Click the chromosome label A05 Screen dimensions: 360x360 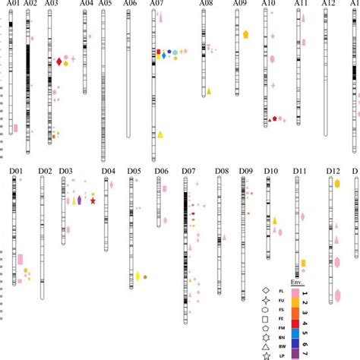coord(105,5)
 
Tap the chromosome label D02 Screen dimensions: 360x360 coord(44,172)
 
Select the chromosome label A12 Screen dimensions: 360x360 coord(328,5)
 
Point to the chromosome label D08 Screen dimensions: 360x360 coord(221,172)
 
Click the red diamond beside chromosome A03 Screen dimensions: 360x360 coord(59,62)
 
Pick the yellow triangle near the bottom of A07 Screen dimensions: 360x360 coord(161,134)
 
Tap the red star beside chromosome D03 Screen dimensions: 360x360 coord(93,201)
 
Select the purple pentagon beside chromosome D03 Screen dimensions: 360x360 coord(79,200)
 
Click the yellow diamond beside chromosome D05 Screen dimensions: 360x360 coord(138,276)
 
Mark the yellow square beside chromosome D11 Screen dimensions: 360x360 coord(303,264)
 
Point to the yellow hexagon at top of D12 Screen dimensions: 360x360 coord(337,183)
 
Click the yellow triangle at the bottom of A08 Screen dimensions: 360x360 coord(209,91)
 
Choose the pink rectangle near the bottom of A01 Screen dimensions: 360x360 coord(15,128)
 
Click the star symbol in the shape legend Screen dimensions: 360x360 coord(265,355)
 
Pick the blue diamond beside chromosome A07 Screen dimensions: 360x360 coord(164,55)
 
